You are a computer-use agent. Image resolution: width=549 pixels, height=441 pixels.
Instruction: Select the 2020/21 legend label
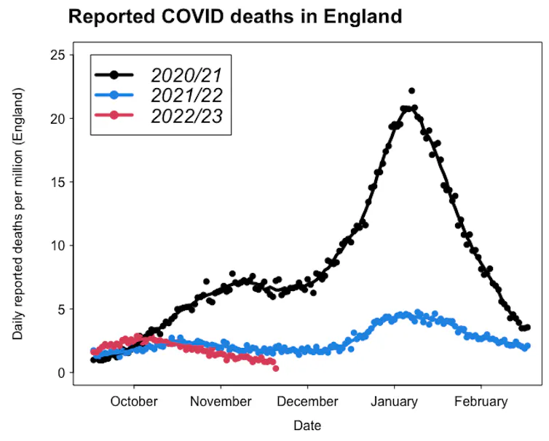[186, 75]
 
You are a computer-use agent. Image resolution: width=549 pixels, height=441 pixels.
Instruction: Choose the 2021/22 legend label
[186, 95]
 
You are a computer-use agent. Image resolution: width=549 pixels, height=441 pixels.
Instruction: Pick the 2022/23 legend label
[186, 115]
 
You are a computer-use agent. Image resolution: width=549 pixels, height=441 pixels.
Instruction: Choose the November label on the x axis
[221, 401]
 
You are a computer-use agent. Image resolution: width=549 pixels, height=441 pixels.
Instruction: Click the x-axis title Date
[307, 426]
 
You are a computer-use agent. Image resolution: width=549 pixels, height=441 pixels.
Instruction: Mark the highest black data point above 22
[411, 91]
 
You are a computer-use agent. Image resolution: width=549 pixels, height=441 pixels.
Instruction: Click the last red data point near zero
[276, 368]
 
